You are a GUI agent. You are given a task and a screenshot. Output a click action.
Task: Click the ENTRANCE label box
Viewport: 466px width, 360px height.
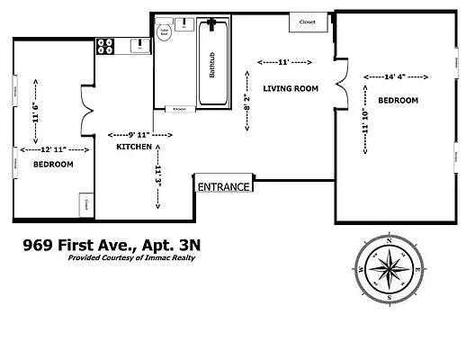pos(225,186)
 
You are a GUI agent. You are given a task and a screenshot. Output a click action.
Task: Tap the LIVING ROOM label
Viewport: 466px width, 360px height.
pos(291,88)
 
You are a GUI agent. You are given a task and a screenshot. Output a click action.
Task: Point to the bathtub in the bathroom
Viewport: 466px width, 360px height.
pos(215,62)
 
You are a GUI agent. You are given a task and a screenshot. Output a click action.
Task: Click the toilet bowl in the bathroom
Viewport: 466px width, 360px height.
pos(166,32)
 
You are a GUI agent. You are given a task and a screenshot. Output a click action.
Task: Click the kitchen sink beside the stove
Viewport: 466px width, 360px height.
pos(139,43)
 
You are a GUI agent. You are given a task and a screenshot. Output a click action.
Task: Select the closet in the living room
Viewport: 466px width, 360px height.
pos(308,22)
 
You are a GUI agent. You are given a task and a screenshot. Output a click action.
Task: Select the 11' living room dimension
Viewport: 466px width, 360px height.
pos(283,62)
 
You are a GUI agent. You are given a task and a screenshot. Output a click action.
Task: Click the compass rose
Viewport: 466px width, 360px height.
pos(389,267)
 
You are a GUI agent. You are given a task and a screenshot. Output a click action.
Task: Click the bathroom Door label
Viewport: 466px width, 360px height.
pos(181,109)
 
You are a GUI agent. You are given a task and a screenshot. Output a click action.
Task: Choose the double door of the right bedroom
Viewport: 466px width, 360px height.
pos(340,78)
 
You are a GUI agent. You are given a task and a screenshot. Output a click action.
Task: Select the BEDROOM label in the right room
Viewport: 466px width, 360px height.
pos(399,101)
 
